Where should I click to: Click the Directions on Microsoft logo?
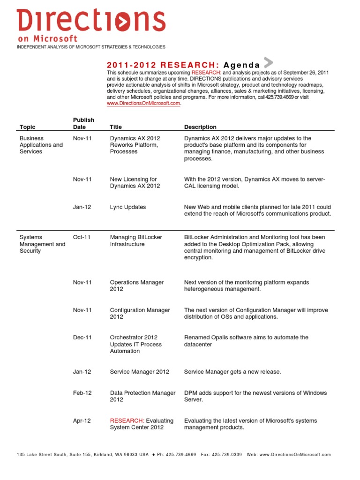click(x=91, y=26)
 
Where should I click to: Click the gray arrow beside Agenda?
click(x=268, y=62)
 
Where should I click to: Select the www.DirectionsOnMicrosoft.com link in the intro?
click(x=143, y=104)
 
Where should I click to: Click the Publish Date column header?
click(x=83, y=123)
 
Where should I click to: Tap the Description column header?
click(x=200, y=127)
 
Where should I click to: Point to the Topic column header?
click(x=27, y=127)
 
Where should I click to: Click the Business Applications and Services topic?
click(x=41, y=145)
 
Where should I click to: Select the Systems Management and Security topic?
click(x=42, y=244)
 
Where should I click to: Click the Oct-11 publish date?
click(x=82, y=237)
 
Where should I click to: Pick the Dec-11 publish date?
click(x=82, y=337)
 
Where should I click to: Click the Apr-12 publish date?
click(x=82, y=420)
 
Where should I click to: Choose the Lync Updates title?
click(x=127, y=207)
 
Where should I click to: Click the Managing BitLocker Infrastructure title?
click(x=136, y=240)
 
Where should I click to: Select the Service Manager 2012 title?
click(x=139, y=372)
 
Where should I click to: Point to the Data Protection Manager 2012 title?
click(x=142, y=396)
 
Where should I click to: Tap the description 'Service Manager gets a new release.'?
click(x=232, y=372)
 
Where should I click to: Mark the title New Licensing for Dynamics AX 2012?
click(x=135, y=182)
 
